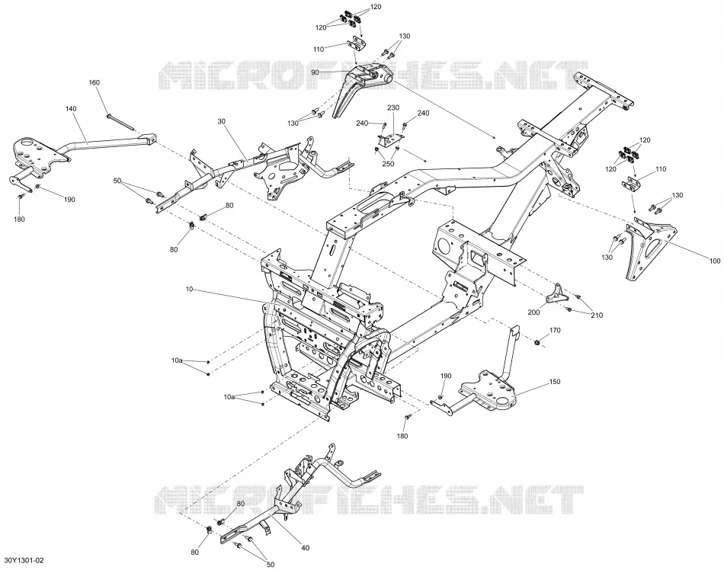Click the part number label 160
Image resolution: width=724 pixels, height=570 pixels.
[94, 82]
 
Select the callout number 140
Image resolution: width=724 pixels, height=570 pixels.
[71, 109]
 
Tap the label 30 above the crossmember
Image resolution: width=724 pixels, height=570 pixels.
[221, 121]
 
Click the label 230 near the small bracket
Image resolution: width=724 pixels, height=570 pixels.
[393, 108]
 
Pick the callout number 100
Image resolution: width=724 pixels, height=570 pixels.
[714, 261]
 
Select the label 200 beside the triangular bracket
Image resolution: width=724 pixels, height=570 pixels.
[533, 312]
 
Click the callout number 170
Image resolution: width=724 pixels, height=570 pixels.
[555, 331]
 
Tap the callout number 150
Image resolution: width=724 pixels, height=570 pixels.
[555, 382]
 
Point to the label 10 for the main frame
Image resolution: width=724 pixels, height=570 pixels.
[189, 290]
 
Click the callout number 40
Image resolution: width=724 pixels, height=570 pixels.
[305, 548]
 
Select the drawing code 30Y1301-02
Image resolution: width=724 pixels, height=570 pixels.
[24, 560]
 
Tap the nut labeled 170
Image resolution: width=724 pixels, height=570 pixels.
[537, 342]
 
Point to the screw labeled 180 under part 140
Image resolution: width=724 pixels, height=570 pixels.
[21, 197]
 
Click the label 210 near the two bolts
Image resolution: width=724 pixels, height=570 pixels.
[597, 315]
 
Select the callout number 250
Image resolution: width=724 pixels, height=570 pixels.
[389, 164]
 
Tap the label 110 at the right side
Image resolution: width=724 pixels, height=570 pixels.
[661, 169]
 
